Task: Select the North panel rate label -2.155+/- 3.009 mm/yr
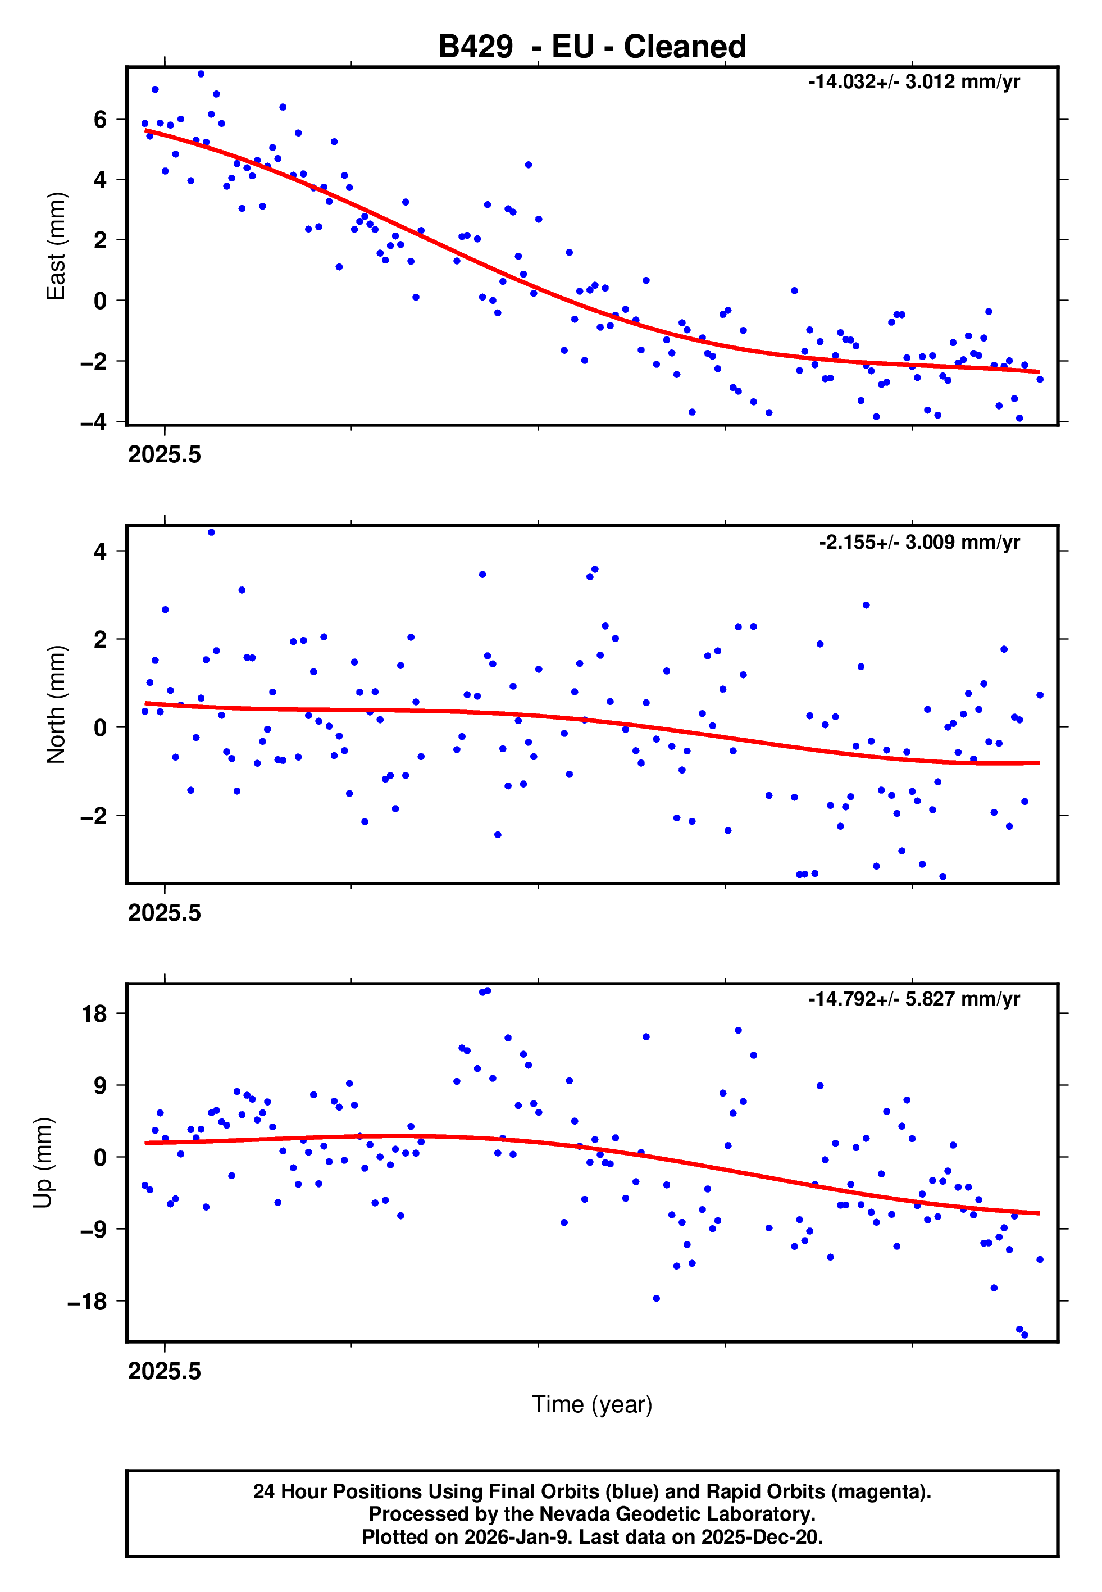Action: pos(919,542)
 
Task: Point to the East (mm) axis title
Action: pos(55,246)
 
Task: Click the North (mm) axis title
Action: pos(55,704)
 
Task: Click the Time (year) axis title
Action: pos(592,1404)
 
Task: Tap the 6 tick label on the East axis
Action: pos(100,120)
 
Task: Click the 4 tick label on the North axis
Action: pos(100,551)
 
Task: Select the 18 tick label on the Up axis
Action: pos(94,1014)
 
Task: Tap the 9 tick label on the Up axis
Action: pos(100,1086)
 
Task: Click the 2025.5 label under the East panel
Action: pos(165,455)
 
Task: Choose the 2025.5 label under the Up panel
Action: pos(165,1371)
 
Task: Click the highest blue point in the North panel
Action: pos(211,533)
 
